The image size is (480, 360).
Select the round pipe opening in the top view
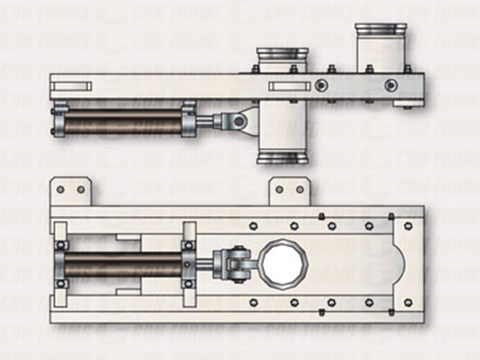click(x=283, y=262)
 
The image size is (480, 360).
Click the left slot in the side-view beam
click(x=71, y=86)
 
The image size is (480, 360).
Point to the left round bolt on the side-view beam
click(x=322, y=85)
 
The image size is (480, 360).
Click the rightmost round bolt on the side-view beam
click(x=391, y=85)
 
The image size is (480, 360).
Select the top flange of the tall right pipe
click(x=380, y=29)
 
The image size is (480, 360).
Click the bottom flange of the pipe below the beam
click(x=283, y=158)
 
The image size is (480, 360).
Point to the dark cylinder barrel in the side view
click(x=123, y=122)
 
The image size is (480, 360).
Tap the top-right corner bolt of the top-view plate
click(x=408, y=226)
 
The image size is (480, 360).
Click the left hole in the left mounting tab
click(x=60, y=190)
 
